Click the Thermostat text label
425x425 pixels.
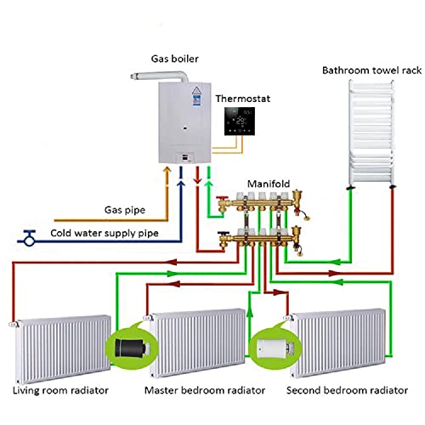point(242,99)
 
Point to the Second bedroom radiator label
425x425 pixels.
point(342,390)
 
